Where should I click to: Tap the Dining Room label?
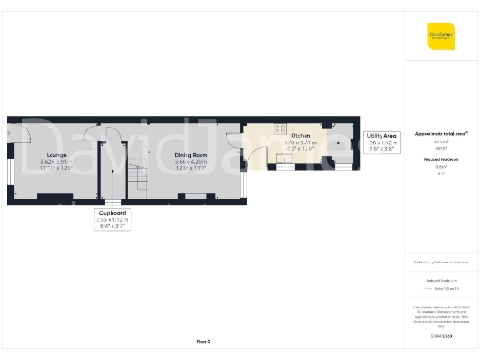coord(193,155)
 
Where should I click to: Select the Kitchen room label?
coord(301,135)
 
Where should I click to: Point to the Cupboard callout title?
coord(113,213)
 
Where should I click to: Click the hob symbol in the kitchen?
coord(279,129)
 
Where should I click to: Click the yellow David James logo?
coord(441,38)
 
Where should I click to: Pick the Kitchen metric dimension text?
coord(301,142)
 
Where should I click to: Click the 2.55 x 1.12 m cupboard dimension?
coord(113,219)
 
